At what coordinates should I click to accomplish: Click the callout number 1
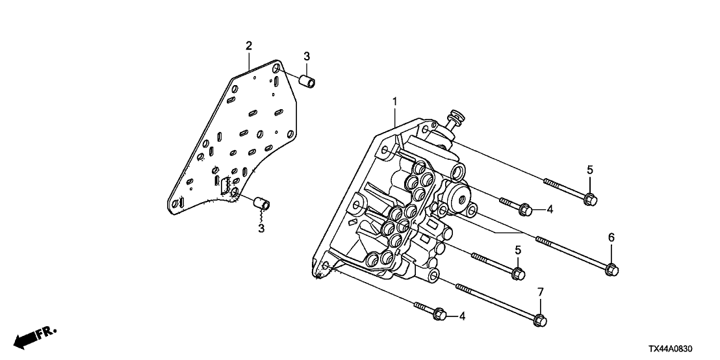[394, 101]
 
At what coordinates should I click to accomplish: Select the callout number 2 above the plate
[249, 45]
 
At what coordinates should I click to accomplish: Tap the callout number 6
[611, 237]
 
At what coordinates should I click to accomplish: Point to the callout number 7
[541, 292]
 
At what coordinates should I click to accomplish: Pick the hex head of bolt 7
[540, 320]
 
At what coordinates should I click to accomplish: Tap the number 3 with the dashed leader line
[261, 228]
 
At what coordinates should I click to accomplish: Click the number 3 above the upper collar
[307, 57]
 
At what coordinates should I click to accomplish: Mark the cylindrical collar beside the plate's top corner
[307, 82]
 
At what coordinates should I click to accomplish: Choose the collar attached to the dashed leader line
[262, 203]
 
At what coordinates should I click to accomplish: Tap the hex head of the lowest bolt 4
[440, 314]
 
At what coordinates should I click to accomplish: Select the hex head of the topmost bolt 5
[591, 199]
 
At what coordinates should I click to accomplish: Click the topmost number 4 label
[550, 210]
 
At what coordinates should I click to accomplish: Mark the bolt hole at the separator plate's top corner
[276, 69]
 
